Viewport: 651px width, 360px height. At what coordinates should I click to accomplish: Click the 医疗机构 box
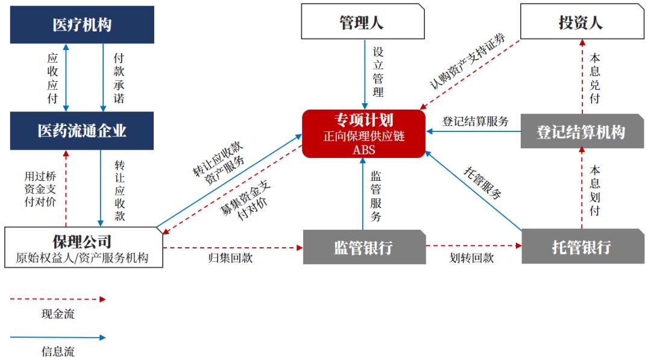pyautogui.click(x=82, y=25)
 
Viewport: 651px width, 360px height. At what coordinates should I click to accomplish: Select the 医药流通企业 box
pyautogui.click(x=82, y=130)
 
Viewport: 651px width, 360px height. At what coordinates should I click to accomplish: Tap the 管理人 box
pyautogui.click(x=362, y=22)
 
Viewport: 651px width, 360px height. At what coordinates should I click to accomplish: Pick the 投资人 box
pyautogui.click(x=582, y=22)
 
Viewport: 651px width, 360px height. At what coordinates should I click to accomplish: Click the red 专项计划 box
pyautogui.click(x=363, y=134)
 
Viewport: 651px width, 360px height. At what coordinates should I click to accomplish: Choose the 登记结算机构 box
pyautogui.click(x=582, y=131)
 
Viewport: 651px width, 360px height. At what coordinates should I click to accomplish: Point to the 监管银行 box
pyautogui.click(x=364, y=247)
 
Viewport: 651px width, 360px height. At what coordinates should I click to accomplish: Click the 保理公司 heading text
pyautogui.click(x=82, y=241)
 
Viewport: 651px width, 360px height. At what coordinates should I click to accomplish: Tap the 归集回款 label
pyautogui.click(x=230, y=258)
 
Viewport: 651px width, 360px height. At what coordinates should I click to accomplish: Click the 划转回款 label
pyautogui.click(x=471, y=258)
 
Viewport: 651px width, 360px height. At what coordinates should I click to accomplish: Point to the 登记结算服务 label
pyautogui.click(x=476, y=121)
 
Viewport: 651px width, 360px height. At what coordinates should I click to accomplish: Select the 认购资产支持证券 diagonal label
pyautogui.click(x=468, y=61)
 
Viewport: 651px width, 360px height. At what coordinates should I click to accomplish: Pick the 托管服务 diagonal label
pyautogui.click(x=482, y=183)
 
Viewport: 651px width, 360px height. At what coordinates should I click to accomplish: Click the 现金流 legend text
pyautogui.click(x=58, y=314)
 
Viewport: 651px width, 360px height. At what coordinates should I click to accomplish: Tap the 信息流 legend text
pyautogui.click(x=58, y=352)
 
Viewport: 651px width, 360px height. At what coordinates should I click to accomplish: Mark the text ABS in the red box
pyautogui.click(x=363, y=150)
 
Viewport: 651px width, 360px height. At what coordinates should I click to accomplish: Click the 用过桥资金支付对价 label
pyautogui.click(x=40, y=189)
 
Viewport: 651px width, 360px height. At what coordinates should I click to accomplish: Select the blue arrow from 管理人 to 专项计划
pyautogui.click(x=365, y=74)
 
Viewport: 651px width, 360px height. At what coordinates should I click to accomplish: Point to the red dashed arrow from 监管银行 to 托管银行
pyautogui.click(x=474, y=245)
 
